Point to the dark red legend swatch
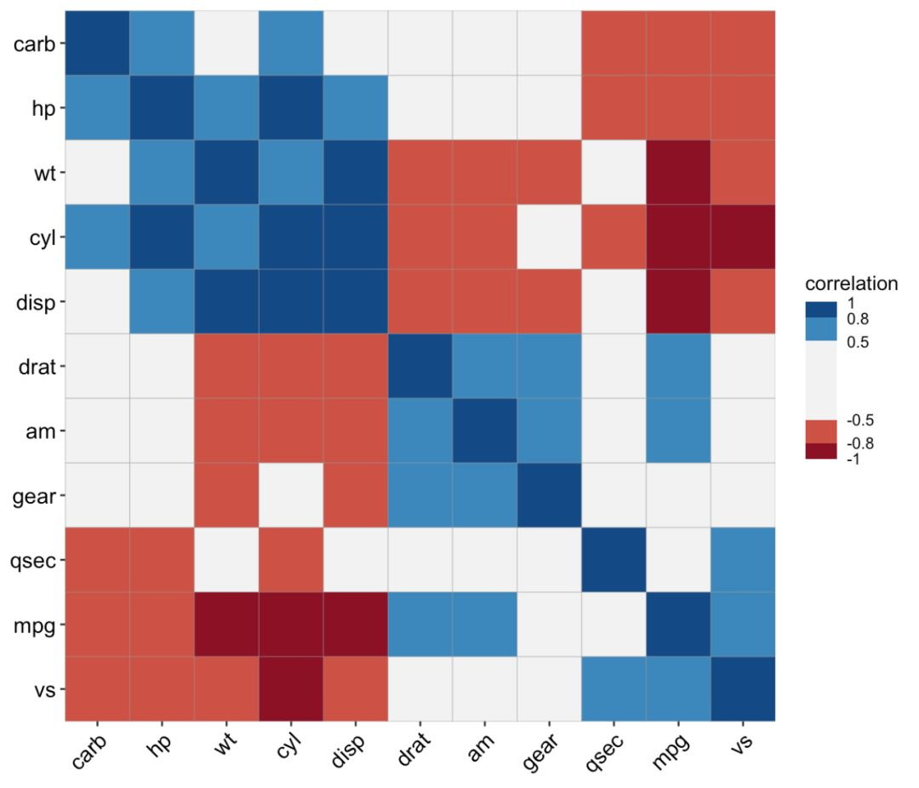coord(820,450)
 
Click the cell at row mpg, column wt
coord(226,624)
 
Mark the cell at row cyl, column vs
coord(742,237)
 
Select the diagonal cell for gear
coord(549,495)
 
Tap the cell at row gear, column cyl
coord(291,495)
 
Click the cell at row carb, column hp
coord(162,43)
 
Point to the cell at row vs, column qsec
coord(614,688)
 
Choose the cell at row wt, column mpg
coord(678,172)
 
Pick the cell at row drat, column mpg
coord(678,366)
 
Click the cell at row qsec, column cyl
coord(291,559)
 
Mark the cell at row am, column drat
coord(420,431)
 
